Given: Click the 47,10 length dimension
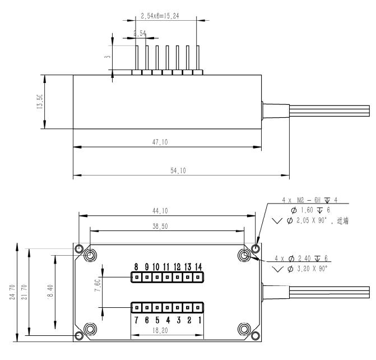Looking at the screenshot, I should [x=166, y=143].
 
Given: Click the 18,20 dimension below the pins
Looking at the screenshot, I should [x=167, y=332].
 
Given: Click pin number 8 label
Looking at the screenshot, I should [x=136, y=266].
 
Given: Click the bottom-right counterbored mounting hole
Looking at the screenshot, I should [x=244, y=328].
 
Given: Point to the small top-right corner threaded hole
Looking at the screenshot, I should [x=256, y=248].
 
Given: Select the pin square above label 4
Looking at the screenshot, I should [x=166, y=307].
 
